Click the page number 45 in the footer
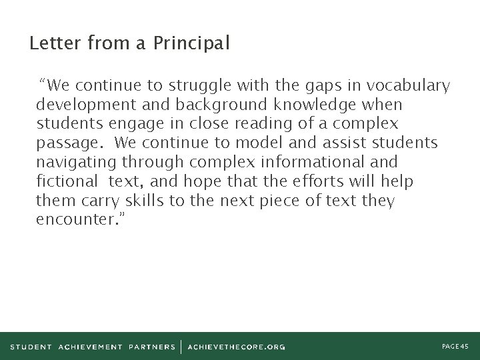click(455, 346)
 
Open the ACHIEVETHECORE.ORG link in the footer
click(237, 347)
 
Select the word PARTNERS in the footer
click(152, 347)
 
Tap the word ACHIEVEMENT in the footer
click(91, 347)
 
